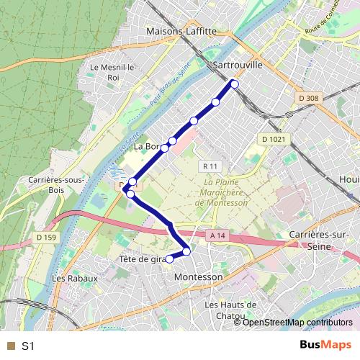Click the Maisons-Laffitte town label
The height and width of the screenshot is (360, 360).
tap(181, 32)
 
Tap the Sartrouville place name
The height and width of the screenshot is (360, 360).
tap(239, 64)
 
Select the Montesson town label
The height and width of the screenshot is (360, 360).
tap(199, 276)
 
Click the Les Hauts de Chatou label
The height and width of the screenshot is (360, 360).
tap(230, 310)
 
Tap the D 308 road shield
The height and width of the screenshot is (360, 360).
tap(307, 98)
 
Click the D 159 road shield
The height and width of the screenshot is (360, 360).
tap(45, 238)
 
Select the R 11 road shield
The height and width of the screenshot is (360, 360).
tap(210, 166)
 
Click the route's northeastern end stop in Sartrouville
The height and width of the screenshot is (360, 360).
tap(234, 84)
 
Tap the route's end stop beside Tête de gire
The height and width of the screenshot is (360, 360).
tap(170, 258)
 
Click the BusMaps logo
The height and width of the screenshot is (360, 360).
tap(325, 345)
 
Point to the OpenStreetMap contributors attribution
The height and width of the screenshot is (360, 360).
tap(296, 323)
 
